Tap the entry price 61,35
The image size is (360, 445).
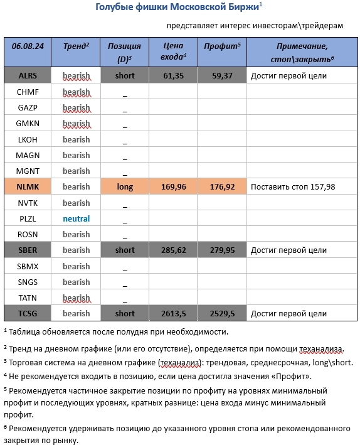172,76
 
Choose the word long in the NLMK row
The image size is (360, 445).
125,186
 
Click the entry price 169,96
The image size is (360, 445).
172,186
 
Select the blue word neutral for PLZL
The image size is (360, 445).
76,218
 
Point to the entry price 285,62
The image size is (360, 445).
172,250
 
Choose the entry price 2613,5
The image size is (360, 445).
172,313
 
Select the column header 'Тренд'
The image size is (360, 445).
76,46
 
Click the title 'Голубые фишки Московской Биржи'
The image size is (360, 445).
178,7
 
